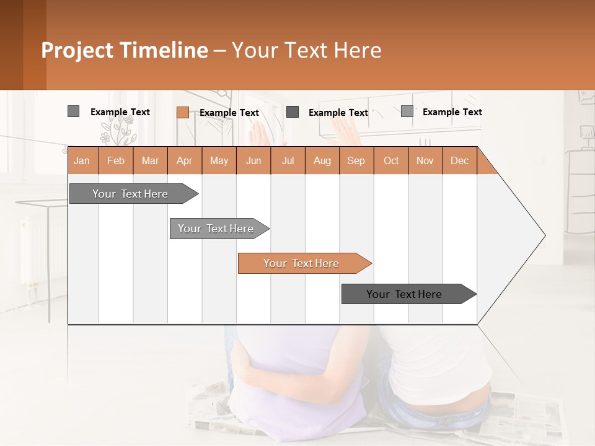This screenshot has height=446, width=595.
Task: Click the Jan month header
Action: tap(82, 160)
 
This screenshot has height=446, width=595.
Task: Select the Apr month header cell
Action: tap(185, 160)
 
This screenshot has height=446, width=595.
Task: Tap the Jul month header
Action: tap(288, 160)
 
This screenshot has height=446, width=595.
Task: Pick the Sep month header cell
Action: tap(356, 160)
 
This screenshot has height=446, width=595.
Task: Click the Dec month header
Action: tap(459, 160)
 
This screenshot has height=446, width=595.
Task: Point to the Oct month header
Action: tap(390, 160)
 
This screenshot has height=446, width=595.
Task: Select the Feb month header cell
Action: tap(116, 160)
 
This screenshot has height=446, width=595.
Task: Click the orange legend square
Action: tap(182, 112)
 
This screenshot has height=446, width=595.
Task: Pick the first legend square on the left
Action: tap(73, 111)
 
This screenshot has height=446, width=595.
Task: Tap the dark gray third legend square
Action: tap(293, 112)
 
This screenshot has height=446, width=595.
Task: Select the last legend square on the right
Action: tap(407, 111)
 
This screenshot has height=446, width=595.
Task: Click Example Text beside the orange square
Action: tap(229, 113)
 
